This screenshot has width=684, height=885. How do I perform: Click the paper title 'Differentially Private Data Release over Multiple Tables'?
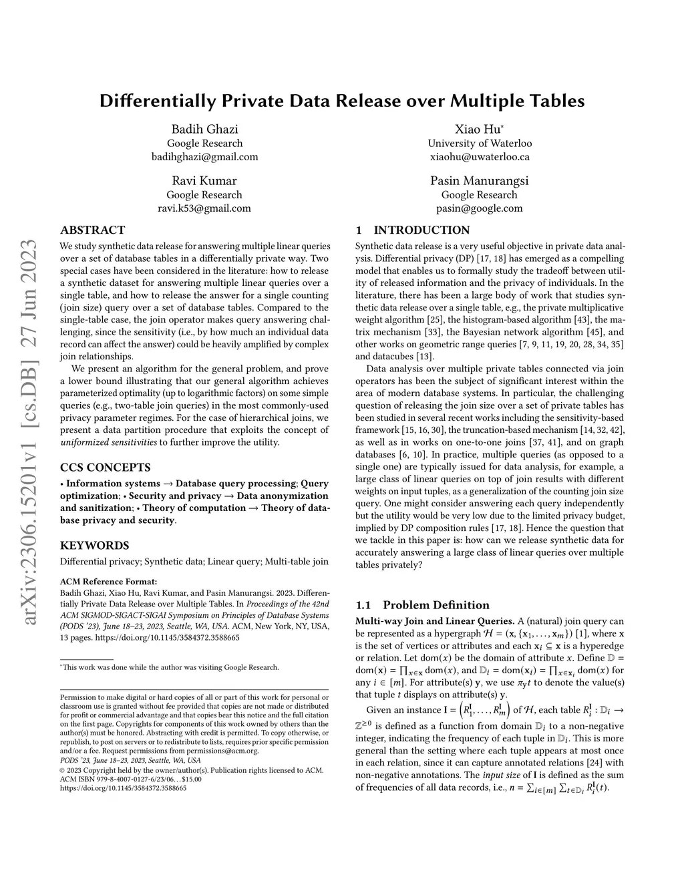[342, 101]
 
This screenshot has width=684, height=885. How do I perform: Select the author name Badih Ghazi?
[204, 129]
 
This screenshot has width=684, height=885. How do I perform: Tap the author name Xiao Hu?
[479, 129]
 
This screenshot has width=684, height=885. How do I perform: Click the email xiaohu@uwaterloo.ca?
[480, 157]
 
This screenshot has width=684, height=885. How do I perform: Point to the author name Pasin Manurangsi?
[479, 181]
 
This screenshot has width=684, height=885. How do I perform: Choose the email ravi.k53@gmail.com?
[204, 208]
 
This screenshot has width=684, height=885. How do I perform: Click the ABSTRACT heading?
[92, 230]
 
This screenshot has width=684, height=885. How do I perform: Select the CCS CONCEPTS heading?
[105, 468]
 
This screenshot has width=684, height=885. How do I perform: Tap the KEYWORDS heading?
[94, 545]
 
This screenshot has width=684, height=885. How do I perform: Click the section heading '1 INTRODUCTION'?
[412, 230]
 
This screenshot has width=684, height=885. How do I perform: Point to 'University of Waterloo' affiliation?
[480, 143]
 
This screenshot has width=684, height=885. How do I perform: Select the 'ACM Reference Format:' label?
[109, 581]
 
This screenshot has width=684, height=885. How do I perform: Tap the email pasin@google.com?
[479, 208]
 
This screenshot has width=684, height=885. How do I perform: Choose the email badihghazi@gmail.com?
[204, 157]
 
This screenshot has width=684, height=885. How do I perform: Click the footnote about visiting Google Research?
[170, 667]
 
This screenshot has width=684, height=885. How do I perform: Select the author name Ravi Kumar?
[204, 181]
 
